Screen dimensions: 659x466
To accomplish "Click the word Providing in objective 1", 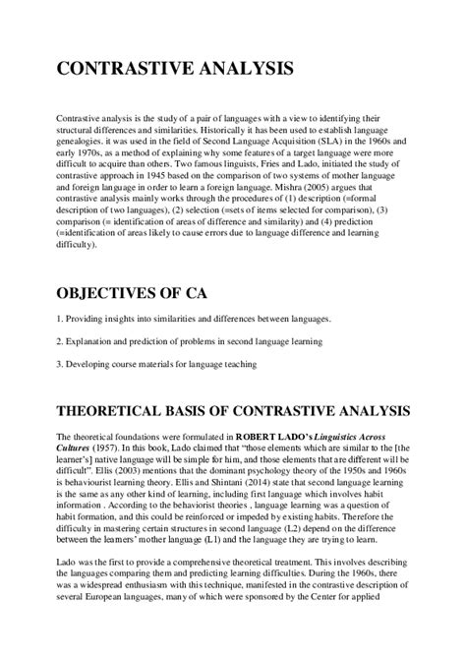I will pyautogui.click(x=87, y=320).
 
